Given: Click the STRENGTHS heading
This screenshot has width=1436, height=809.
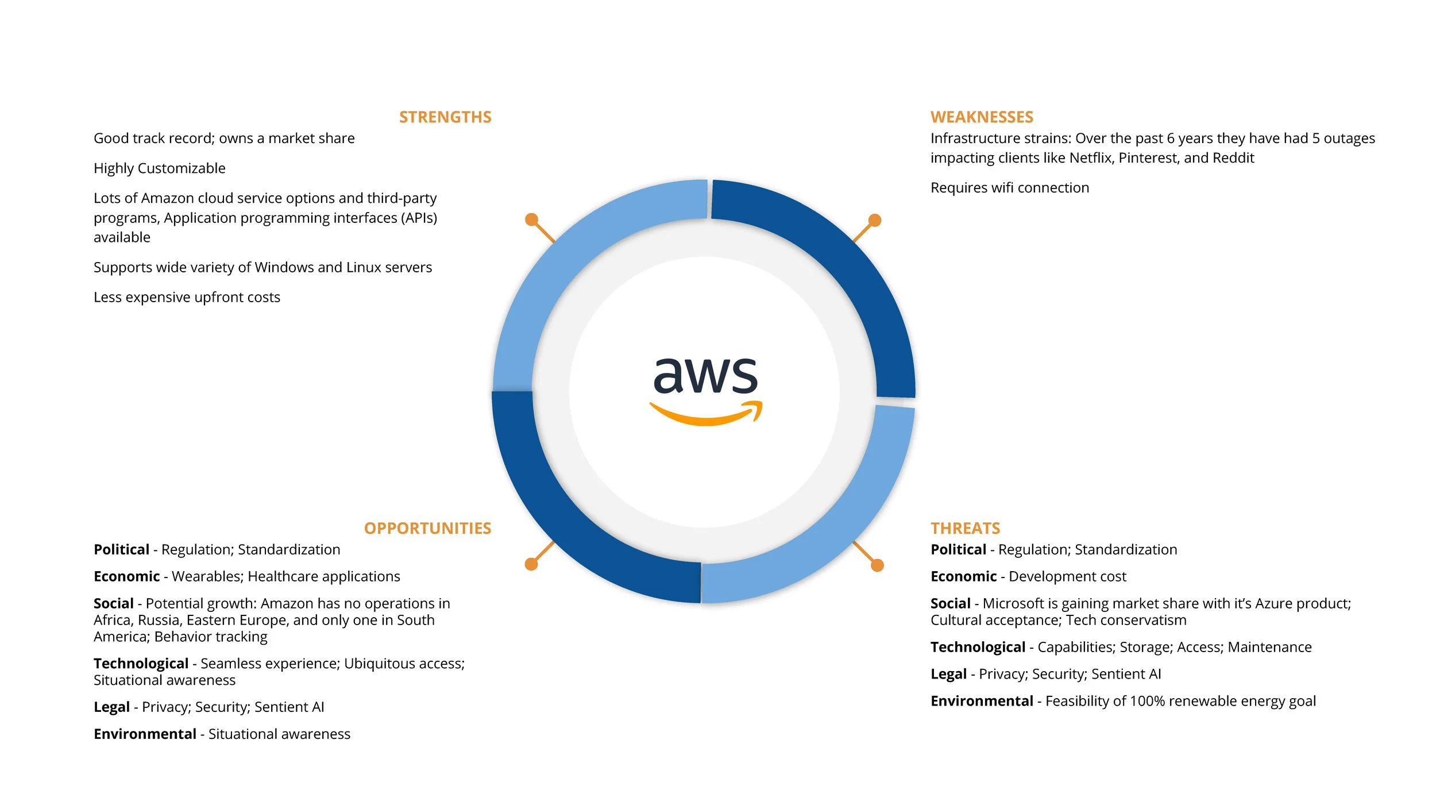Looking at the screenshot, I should [x=445, y=117].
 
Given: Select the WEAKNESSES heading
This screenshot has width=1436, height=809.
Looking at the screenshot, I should [x=982, y=117].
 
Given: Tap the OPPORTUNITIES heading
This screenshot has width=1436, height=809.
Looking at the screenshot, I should [x=427, y=529].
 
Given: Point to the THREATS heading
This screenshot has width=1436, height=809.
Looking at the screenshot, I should [x=965, y=529].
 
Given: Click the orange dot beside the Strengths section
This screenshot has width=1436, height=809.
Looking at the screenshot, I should [x=531, y=219].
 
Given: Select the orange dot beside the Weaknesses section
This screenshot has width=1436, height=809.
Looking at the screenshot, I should [x=875, y=220].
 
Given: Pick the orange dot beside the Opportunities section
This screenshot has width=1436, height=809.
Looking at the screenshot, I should [x=531, y=564].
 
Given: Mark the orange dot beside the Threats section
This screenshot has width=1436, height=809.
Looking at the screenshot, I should [x=877, y=565].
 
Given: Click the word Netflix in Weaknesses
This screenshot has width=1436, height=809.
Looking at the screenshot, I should [x=1091, y=158].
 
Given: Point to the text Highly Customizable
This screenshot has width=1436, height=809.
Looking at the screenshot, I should [x=160, y=168].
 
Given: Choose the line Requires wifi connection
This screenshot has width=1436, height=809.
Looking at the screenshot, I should [x=1009, y=188].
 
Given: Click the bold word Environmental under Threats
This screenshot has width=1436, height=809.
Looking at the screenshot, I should [x=982, y=701].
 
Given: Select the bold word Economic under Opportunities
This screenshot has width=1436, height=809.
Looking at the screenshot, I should [x=127, y=576].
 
